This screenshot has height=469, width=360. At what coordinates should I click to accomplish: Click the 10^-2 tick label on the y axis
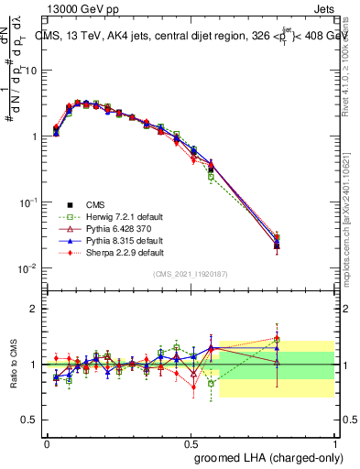click(x=30, y=267)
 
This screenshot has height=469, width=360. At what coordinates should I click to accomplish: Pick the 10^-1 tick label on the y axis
click(x=30, y=202)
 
